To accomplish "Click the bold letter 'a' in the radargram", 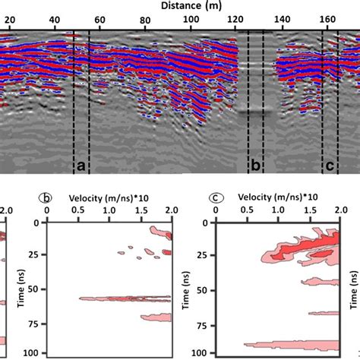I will click(x=81, y=165).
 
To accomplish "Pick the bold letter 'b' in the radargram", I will click(x=256, y=165).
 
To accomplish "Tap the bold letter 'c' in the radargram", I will click(x=330, y=165).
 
